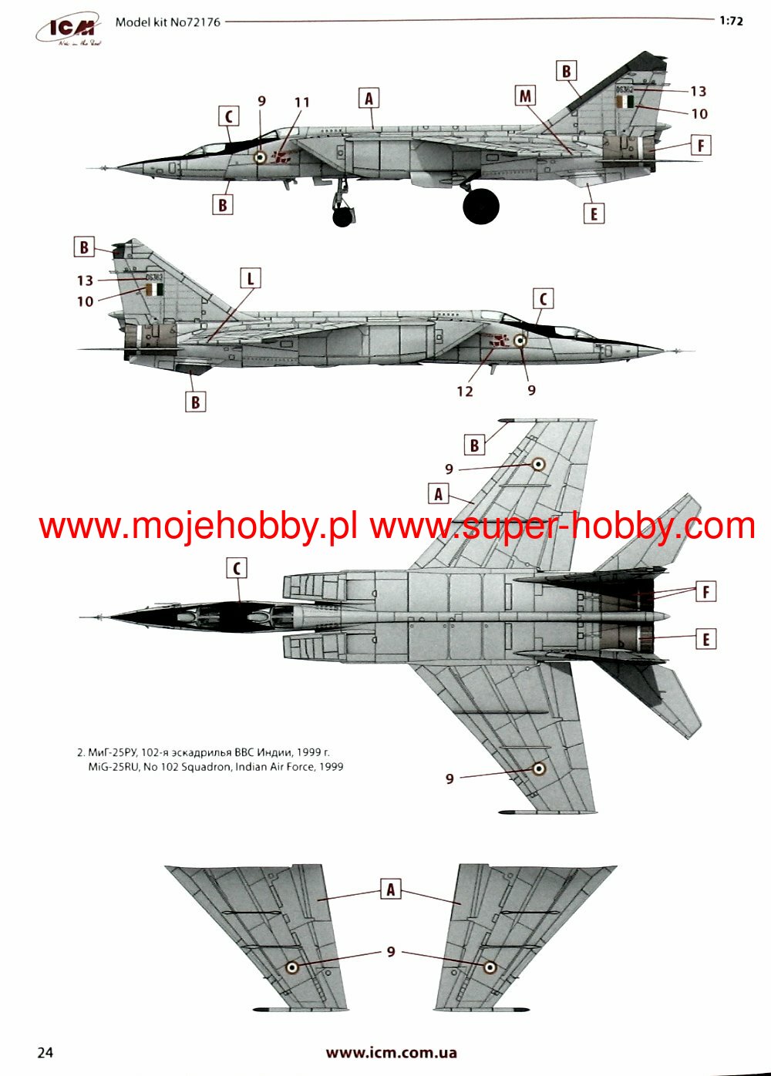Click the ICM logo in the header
[69, 29]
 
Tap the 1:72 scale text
[731, 21]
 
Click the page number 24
[45, 1052]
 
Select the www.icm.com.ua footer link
[391, 1052]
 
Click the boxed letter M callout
[525, 96]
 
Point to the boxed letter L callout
[250, 278]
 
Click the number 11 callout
[301, 102]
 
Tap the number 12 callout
[464, 391]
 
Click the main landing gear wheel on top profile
[481, 206]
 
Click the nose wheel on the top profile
[342, 217]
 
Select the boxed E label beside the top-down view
[705, 639]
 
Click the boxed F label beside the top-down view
[705, 592]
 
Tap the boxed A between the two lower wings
[391, 889]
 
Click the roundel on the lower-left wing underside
[292, 967]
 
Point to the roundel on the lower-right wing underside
[490, 967]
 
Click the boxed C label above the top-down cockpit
[237, 569]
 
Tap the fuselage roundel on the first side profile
[261, 157]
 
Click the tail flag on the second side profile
[154, 289]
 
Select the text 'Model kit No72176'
[167, 22]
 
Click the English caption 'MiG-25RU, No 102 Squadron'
[216, 766]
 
